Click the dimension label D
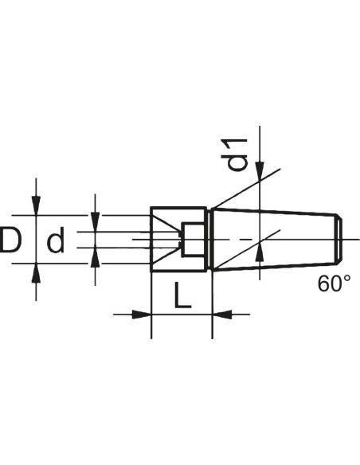pos(10,240)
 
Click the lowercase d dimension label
pos(56,240)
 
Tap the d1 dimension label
pos(234,154)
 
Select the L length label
pos(182,295)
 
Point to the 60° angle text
pos(335,283)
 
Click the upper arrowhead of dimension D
pos(36,205)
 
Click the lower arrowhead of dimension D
pos(36,272)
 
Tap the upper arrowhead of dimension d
pos(95,222)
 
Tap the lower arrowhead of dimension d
pos(95,257)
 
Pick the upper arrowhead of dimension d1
pos(260,171)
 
